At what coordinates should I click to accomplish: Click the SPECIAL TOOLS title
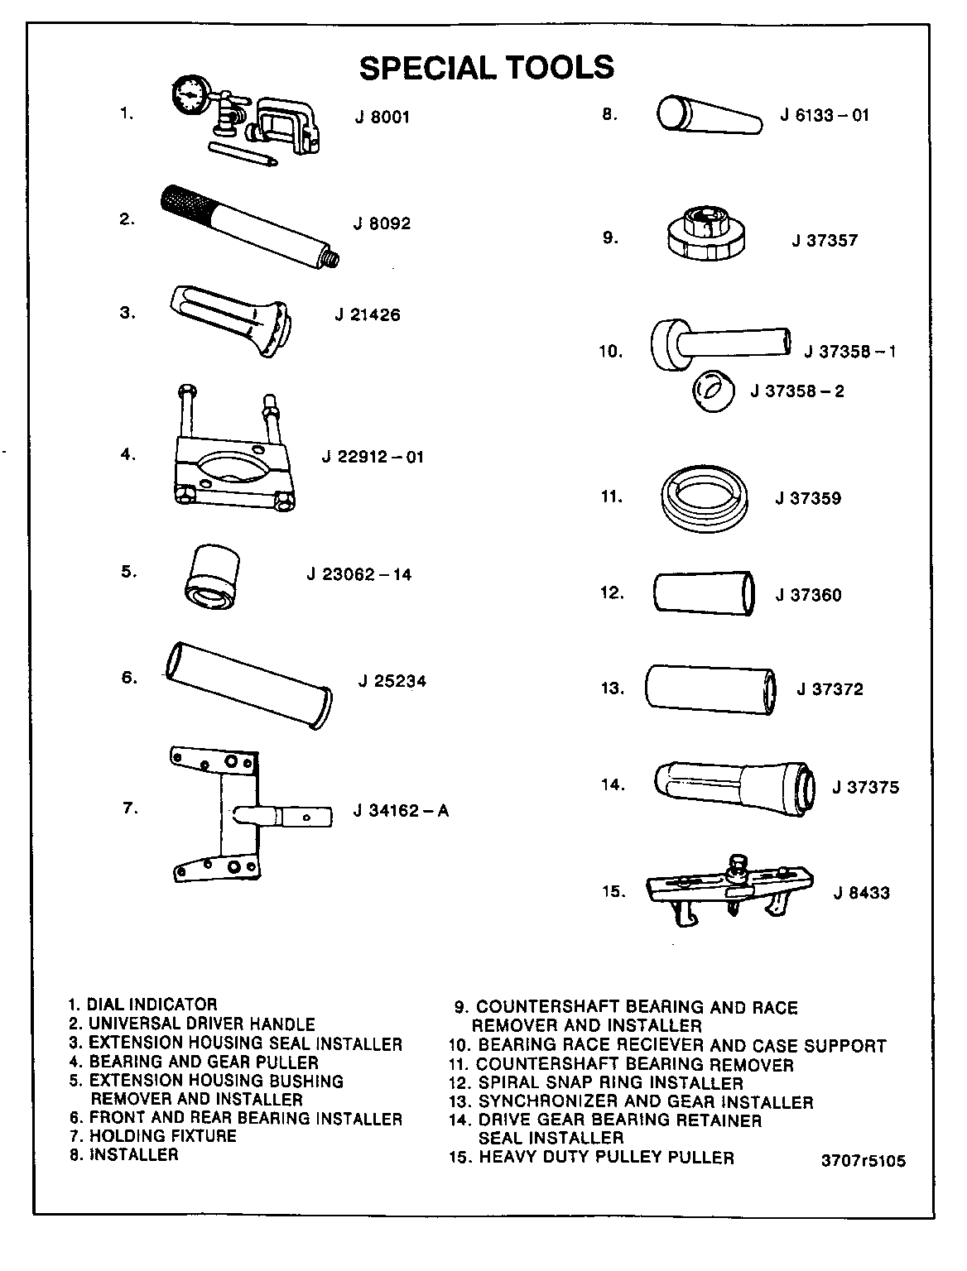487,68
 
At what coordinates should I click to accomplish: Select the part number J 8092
382,223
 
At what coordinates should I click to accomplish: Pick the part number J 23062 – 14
358,574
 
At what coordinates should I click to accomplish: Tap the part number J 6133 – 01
825,115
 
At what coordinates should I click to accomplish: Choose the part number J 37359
808,498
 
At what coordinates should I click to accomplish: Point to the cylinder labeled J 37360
705,592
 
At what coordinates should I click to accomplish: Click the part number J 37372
830,689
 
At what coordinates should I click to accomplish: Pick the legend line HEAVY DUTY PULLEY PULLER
591,1158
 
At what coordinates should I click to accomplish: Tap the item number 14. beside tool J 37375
613,784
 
